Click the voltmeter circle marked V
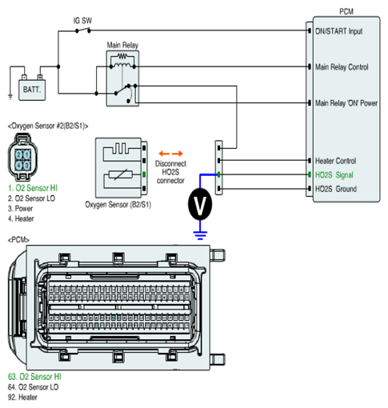[200, 204]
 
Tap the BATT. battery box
[32, 90]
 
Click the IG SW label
[82, 21]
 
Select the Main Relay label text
[122, 45]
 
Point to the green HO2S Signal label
[334, 175]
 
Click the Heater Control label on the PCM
[335, 161]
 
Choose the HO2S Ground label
[336, 189]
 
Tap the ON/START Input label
[338, 31]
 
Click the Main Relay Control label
[342, 67]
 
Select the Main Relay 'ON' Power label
[346, 103]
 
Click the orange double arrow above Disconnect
[170, 154]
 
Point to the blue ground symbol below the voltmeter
[200, 235]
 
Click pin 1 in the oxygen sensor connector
[27, 154]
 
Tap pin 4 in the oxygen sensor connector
[18, 165]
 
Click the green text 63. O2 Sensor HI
[34, 377]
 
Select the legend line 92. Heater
[22, 397]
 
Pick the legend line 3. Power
[20, 208]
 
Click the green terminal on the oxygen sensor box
[144, 174]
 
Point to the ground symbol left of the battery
[10, 97]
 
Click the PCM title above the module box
[346, 11]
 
